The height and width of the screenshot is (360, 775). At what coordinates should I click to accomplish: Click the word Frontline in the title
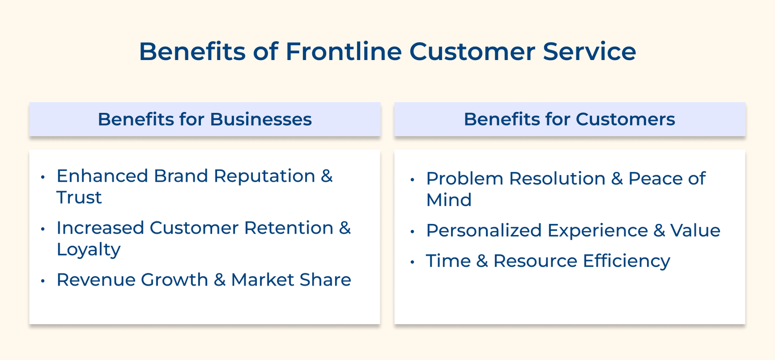[343, 51]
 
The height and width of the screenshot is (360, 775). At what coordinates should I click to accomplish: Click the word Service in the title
[589, 51]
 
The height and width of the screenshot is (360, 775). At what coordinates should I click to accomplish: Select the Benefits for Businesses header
[204, 119]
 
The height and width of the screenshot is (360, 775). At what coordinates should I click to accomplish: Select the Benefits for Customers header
[569, 119]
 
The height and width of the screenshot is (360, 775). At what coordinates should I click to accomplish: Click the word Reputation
[264, 176]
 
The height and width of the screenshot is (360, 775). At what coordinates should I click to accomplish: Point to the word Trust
[79, 198]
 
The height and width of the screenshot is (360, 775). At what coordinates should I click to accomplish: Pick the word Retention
[289, 228]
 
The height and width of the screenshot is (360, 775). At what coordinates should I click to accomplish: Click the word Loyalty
[88, 250]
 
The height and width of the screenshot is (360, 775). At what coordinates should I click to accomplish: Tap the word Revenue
[95, 280]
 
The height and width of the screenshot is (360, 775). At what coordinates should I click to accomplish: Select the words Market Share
[291, 280]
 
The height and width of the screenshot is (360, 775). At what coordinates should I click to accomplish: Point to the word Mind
[449, 200]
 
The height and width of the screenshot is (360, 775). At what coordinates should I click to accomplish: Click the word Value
[695, 231]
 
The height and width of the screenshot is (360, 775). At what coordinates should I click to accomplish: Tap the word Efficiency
[626, 261]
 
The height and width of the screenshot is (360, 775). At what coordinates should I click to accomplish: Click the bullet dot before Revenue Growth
[43, 281]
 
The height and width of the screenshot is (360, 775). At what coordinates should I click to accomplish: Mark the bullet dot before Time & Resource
[412, 262]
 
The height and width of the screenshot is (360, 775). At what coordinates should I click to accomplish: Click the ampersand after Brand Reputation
[327, 176]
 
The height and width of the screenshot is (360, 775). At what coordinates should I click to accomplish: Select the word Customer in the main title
[472, 51]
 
